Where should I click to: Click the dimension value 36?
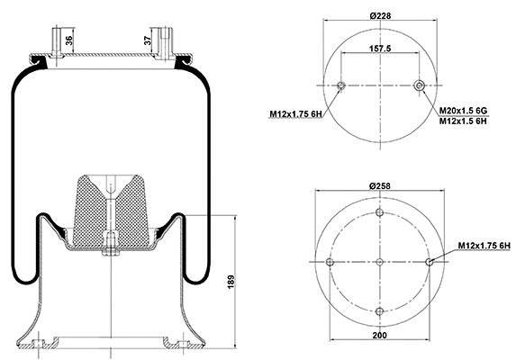click(x=71, y=40)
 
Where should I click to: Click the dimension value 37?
click(x=148, y=40)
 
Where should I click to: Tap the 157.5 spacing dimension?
click(x=379, y=51)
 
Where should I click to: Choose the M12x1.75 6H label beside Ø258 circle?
click(x=484, y=244)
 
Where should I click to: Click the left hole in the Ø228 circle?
click(x=340, y=85)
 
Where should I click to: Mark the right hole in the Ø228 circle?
click(x=419, y=85)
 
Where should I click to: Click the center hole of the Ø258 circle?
click(x=379, y=262)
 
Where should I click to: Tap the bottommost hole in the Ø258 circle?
click(x=379, y=311)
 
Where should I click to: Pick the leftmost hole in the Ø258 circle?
click(x=330, y=262)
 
